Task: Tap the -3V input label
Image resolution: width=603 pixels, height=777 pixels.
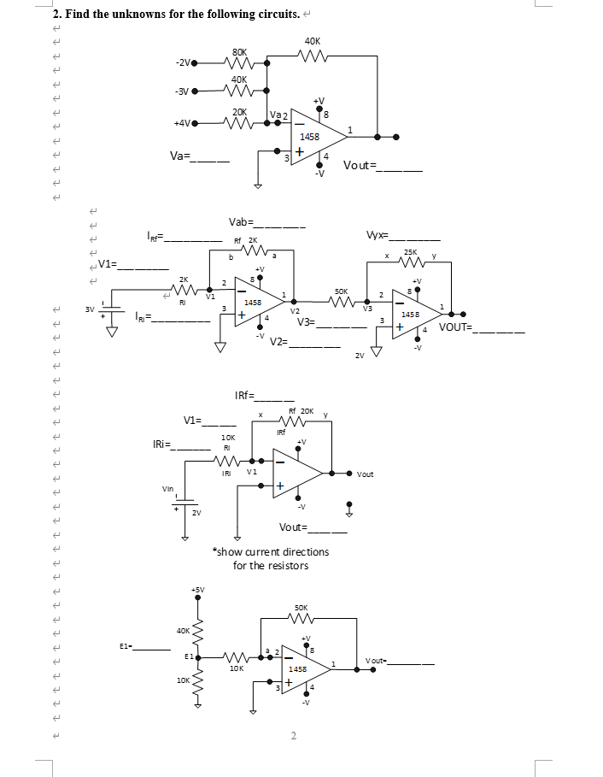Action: point(181,91)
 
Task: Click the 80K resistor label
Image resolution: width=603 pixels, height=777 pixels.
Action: point(240,50)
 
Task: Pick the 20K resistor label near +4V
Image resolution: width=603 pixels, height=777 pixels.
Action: point(239,111)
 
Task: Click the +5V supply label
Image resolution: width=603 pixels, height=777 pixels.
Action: point(198,589)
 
